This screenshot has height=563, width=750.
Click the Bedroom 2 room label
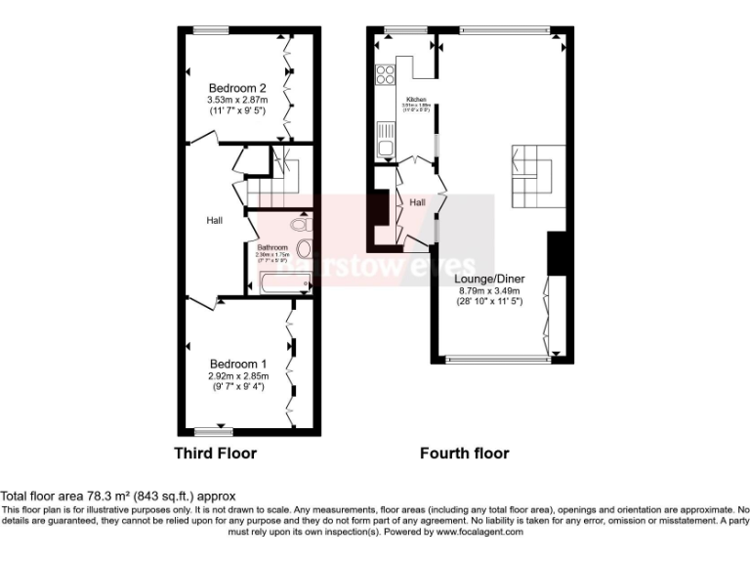[235, 86]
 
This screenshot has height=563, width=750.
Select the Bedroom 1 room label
[235, 364]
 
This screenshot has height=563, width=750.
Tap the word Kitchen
[417, 100]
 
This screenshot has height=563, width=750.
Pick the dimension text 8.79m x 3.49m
[490, 289]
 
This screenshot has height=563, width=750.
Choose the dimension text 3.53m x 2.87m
[236, 99]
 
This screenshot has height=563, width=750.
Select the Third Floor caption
[215, 454]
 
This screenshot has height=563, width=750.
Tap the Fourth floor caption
[464, 454]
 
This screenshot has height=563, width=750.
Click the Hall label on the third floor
[214, 221]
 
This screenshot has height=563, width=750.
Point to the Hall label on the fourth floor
[417, 202]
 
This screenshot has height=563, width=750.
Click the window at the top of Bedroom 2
[210, 30]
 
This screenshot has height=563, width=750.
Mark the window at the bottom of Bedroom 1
[212, 431]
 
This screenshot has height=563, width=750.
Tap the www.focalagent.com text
[479, 533]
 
